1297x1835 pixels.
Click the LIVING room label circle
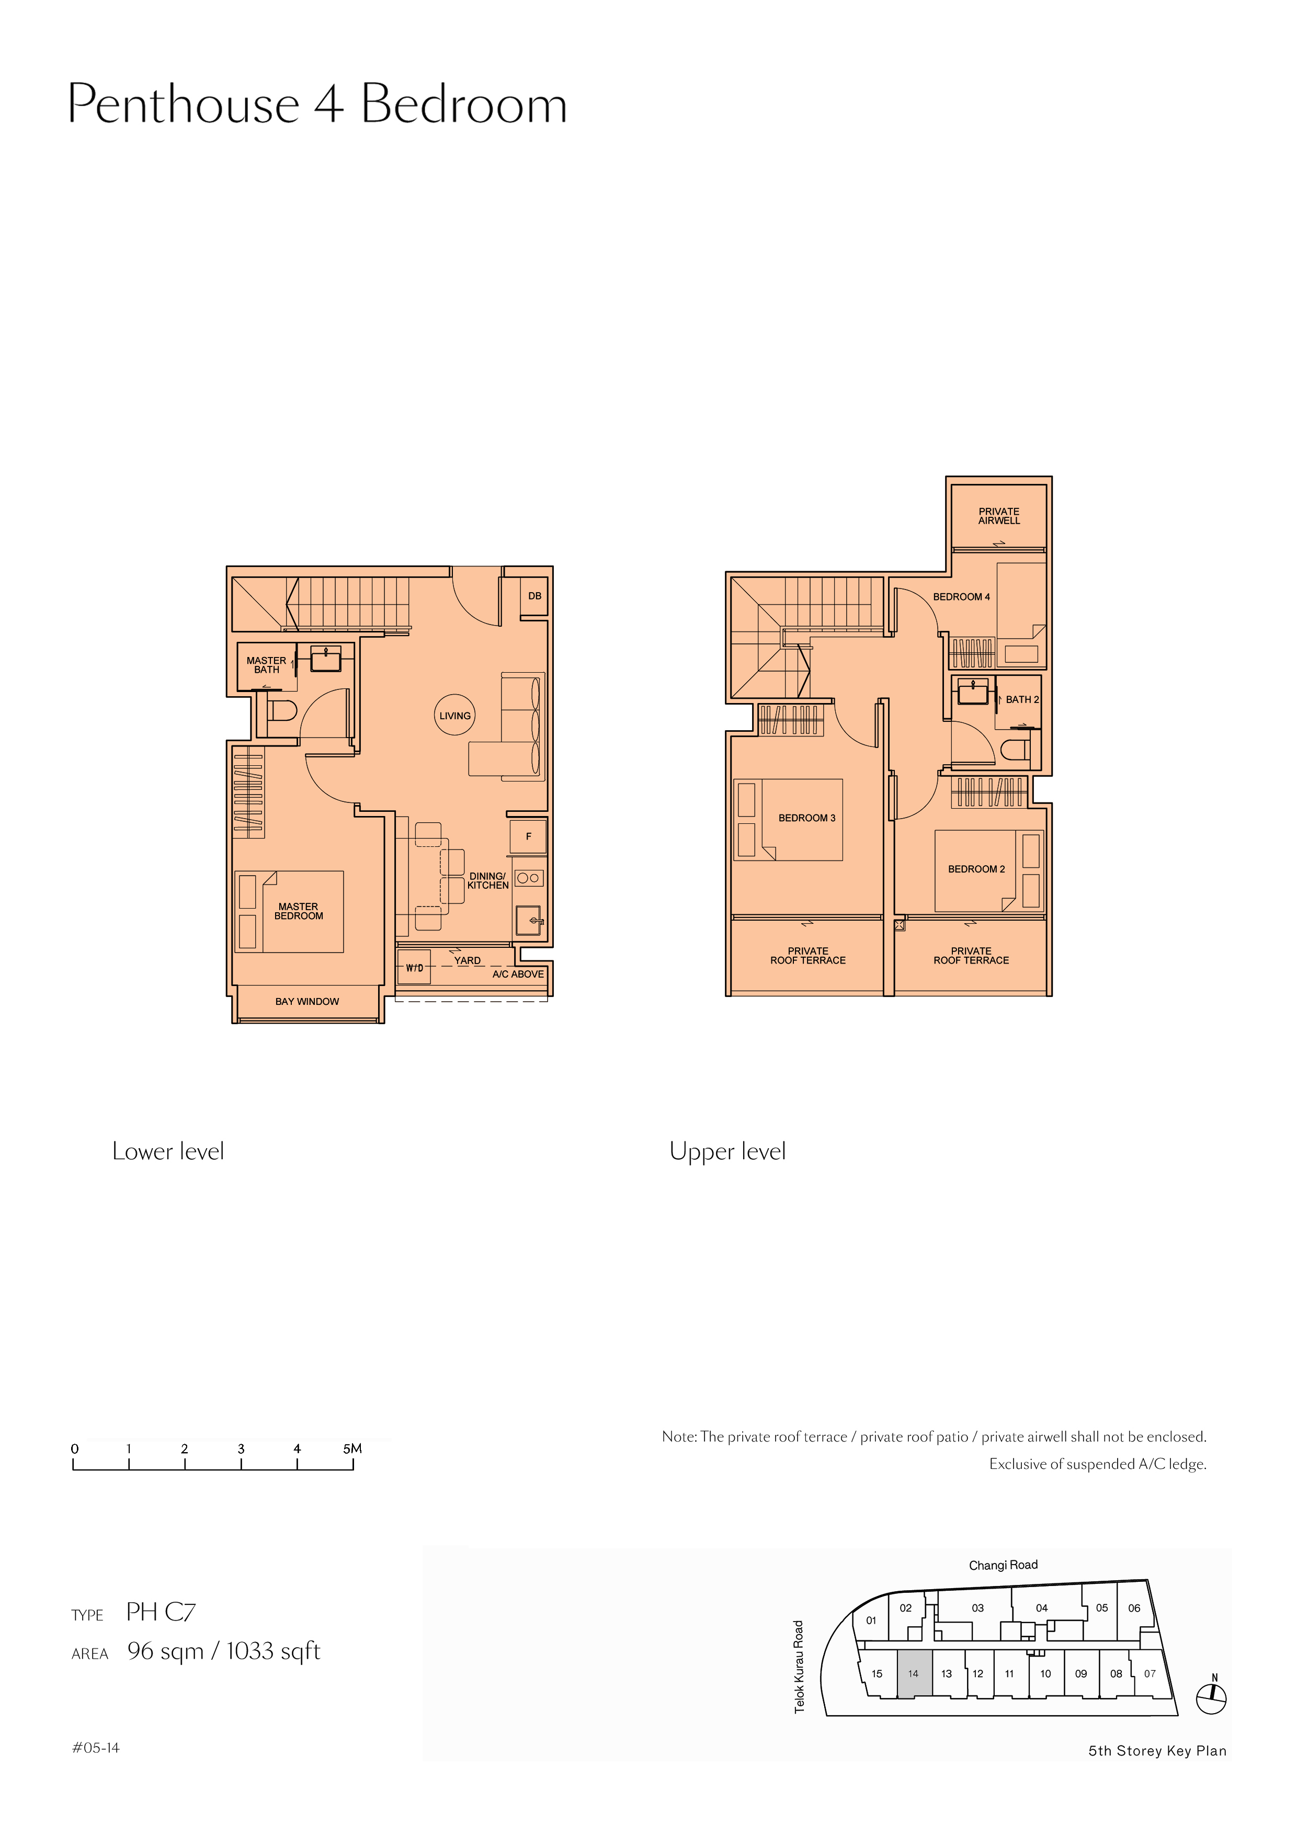coord(454,715)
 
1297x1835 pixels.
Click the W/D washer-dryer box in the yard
coord(414,967)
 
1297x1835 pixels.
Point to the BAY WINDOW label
coord(307,1001)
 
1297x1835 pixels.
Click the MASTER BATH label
coord(266,665)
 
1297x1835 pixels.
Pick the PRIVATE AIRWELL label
coord(999,515)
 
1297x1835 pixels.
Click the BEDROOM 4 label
coord(961,597)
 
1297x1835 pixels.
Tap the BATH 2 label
coord(1022,699)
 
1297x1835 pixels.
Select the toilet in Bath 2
coord(1016,750)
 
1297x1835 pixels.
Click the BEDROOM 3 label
coord(807,818)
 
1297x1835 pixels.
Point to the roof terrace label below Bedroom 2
coord(971,956)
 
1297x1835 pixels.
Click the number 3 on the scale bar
coord(241,1449)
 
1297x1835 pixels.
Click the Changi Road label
coord(1003,1565)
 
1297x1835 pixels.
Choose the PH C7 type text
coord(161,1612)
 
